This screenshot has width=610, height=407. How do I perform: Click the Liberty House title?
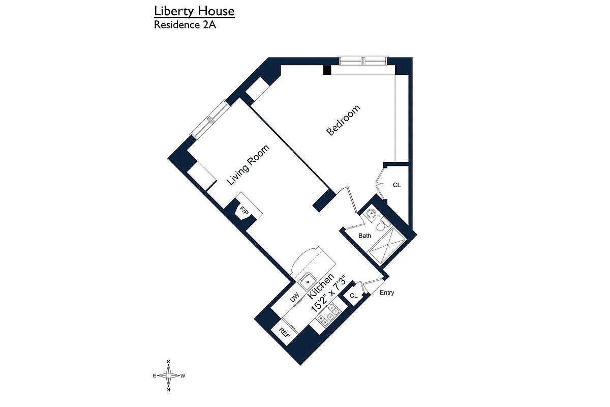click(x=194, y=11)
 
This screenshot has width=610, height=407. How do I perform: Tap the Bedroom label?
click(x=344, y=120)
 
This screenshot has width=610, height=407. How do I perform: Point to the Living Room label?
click(x=248, y=165)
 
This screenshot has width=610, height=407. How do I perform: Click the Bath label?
click(x=364, y=236)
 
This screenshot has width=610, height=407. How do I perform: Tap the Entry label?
click(x=386, y=293)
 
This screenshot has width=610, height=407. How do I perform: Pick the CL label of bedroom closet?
click(x=396, y=185)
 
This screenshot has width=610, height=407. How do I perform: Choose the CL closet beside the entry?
click(x=353, y=296)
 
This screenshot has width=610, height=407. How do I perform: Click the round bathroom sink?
click(x=372, y=214)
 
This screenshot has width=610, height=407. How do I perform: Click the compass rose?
click(x=168, y=376)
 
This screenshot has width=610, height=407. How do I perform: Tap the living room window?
click(x=210, y=119)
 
